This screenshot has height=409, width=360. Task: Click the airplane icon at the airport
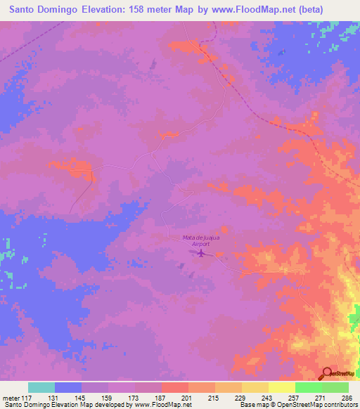202,252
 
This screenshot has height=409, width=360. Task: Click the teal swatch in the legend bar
41,387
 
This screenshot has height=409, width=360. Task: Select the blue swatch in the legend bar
68,387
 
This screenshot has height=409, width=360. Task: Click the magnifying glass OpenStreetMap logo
327,373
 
